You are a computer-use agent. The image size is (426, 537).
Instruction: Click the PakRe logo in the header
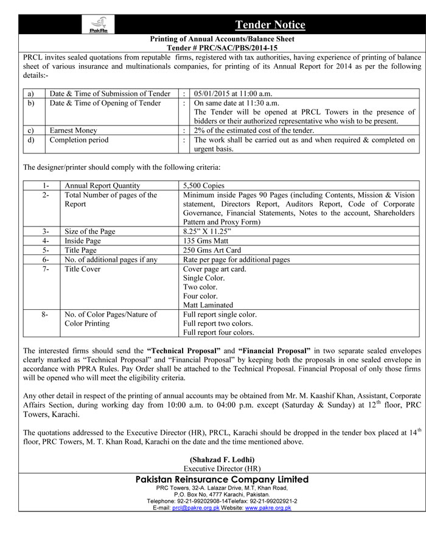pos(96,26)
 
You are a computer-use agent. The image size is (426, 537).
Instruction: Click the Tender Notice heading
pos(270,25)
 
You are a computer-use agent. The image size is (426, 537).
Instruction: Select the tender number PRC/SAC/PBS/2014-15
pos(231,47)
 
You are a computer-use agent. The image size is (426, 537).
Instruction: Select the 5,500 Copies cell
pos(204,186)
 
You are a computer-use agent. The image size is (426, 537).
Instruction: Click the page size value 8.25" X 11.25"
pos(208,231)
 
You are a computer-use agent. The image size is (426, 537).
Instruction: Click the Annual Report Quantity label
pos(102,186)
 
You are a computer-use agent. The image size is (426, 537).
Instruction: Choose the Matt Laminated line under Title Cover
pos(208,305)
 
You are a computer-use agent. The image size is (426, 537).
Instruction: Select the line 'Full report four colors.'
pos(218,332)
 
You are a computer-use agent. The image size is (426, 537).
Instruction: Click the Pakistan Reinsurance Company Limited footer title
pos(222,480)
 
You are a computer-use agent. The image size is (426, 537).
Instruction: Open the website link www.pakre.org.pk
pos(268,508)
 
